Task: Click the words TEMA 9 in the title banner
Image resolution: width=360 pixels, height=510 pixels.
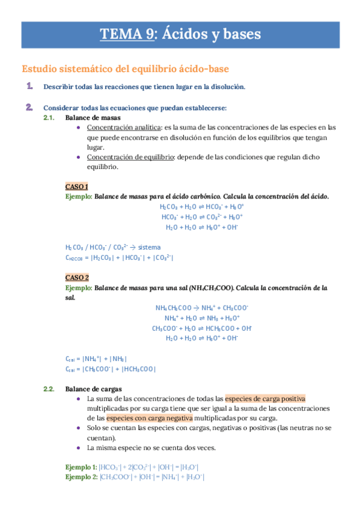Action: point(126,34)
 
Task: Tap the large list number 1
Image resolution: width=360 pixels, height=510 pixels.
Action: point(28,87)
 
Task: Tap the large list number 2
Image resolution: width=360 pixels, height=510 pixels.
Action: point(28,108)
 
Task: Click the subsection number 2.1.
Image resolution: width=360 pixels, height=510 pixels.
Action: point(49,118)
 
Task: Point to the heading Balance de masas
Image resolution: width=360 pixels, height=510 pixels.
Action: point(93,118)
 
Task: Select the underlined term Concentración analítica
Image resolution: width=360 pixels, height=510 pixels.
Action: point(124,127)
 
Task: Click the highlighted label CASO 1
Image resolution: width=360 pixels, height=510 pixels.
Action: point(76,186)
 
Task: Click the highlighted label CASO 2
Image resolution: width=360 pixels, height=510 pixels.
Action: point(76,277)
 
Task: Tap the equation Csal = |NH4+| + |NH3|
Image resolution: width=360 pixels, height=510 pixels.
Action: point(96,358)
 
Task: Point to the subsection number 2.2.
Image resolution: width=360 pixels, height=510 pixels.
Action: point(49,389)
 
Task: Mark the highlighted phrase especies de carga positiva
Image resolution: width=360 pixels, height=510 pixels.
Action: point(265,398)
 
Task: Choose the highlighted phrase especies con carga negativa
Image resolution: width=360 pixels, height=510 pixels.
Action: point(150,417)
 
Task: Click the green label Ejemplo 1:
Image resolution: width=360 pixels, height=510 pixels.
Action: point(81,467)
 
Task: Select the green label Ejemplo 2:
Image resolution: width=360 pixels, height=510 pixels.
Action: point(81,477)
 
